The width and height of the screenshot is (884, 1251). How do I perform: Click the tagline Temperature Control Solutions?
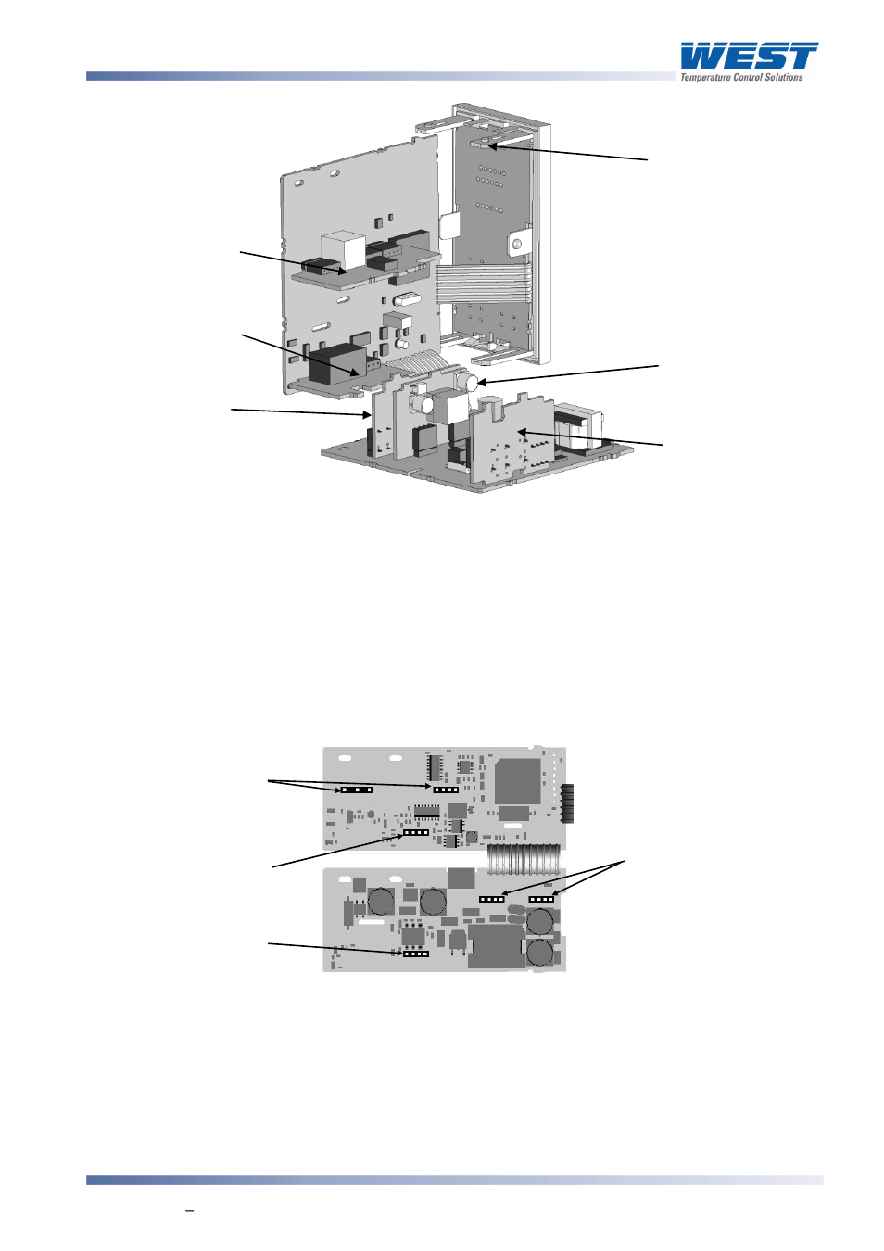[x=741, y=78]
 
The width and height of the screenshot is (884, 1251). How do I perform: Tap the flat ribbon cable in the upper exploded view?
[x=483, y=283]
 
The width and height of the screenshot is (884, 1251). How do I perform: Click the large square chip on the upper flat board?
[x=518, y=781]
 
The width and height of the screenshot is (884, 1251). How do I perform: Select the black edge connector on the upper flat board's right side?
[x=567, y=802]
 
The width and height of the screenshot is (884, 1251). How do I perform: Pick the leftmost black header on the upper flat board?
[x=357, y=790]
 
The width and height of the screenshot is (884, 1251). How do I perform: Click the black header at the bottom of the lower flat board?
[x=416, y=954]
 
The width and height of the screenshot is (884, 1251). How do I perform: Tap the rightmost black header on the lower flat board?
[x=541, y=899]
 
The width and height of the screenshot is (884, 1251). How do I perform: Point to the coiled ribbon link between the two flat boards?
[x=524, y=860]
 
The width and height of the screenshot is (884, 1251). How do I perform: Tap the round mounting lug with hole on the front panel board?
[x=517, y=245]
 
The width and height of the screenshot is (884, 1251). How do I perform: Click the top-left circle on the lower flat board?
[x=381, y=901]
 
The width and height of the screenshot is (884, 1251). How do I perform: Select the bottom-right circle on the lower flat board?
[x=540, y=953]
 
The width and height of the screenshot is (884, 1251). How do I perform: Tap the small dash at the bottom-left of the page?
[x=189, y=1210]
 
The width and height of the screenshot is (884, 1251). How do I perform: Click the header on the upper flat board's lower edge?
[x=416, y=832]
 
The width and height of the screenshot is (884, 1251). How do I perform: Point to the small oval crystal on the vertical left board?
[x=404, y=299]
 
